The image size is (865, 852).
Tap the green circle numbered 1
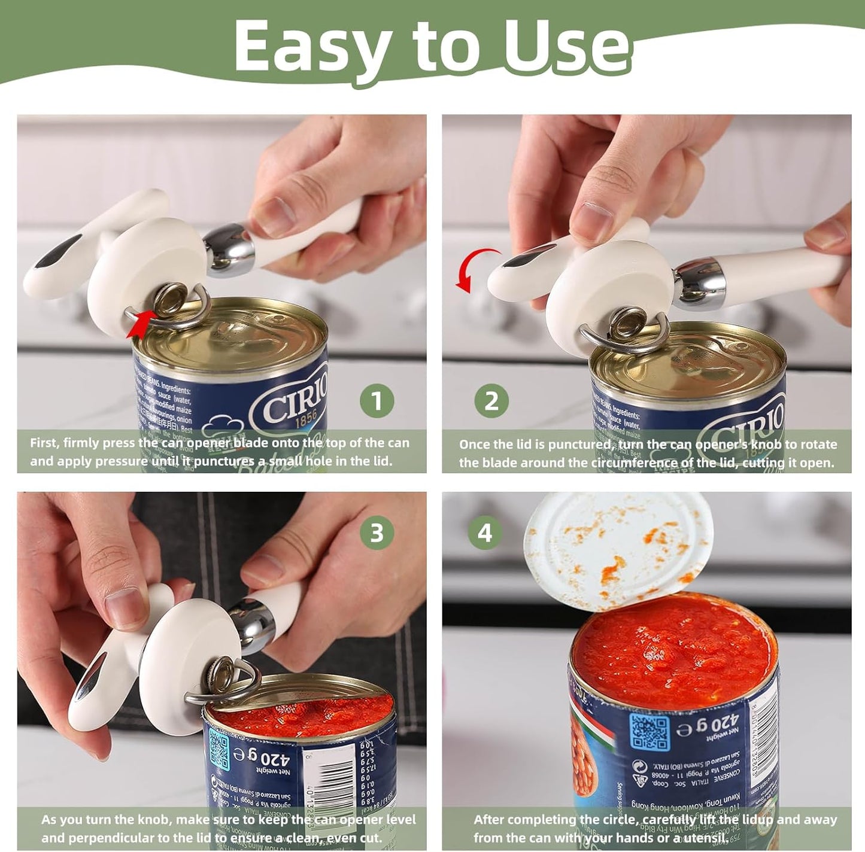click(377, 401)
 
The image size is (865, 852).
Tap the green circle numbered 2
click(491, 401)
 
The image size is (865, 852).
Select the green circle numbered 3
click(377, 532)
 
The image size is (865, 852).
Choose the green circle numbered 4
click(485, 532)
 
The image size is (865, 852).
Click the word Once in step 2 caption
click(475, 445)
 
